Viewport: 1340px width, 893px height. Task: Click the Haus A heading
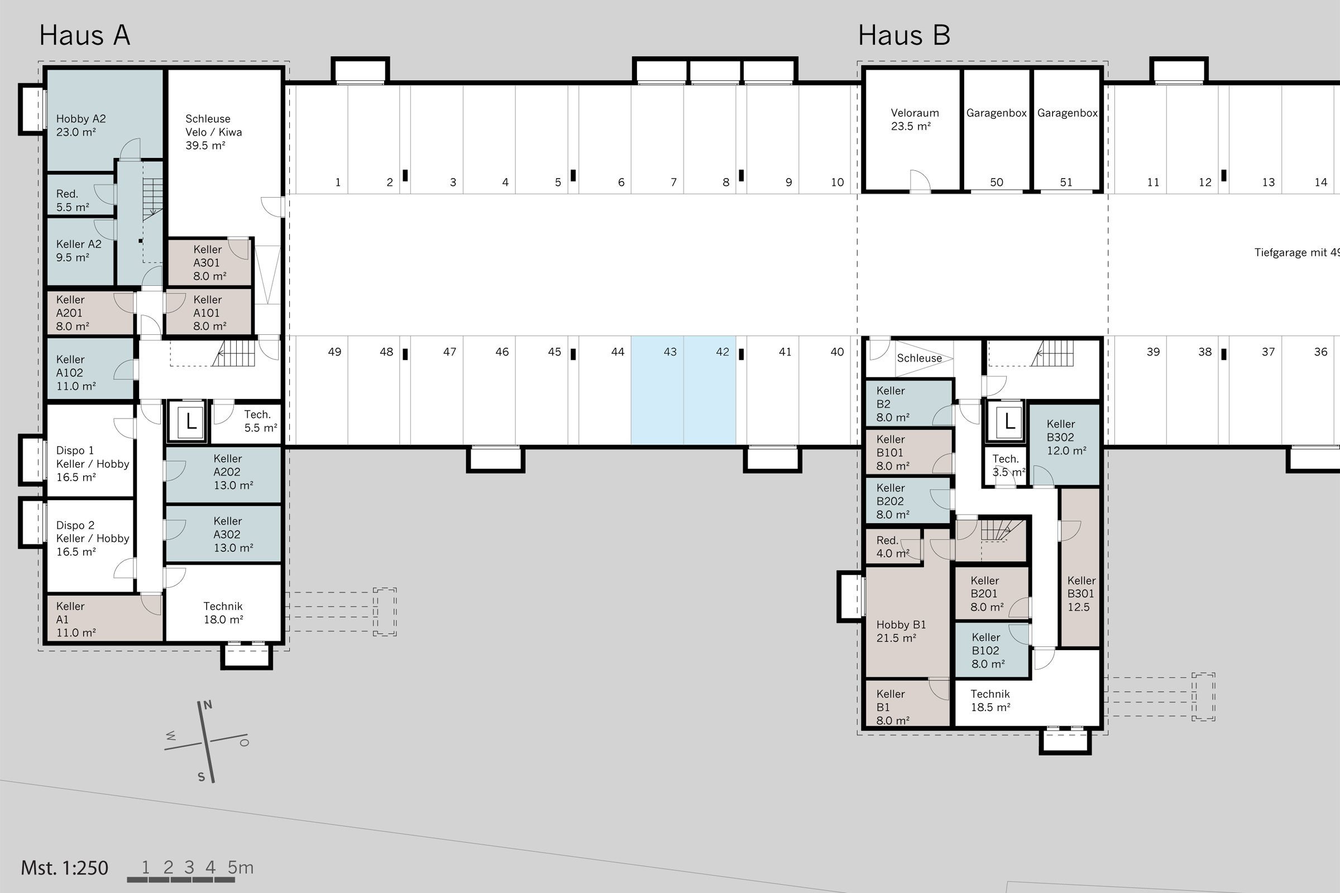tap(84, 35)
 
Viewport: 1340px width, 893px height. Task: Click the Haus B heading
tap(904, 35)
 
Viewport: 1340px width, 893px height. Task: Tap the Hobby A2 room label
tap(80, 125)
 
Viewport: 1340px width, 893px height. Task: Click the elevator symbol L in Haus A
tap(191, 422)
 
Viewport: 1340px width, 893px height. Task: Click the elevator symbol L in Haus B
tap(1009, 422)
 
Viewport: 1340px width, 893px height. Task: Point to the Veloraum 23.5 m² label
tap(915, 119)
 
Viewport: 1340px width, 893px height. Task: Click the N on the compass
tap(208, 705)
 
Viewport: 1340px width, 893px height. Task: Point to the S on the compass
tap(201, 777)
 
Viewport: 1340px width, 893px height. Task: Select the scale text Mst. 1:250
tap(64, 868)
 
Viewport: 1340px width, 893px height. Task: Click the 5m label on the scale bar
tap(241, 867)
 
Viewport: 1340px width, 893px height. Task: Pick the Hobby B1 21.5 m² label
tap(901, 631)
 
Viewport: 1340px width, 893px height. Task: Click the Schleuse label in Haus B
tap(920, 358)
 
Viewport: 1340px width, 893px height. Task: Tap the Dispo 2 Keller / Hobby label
tap(92, 538)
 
